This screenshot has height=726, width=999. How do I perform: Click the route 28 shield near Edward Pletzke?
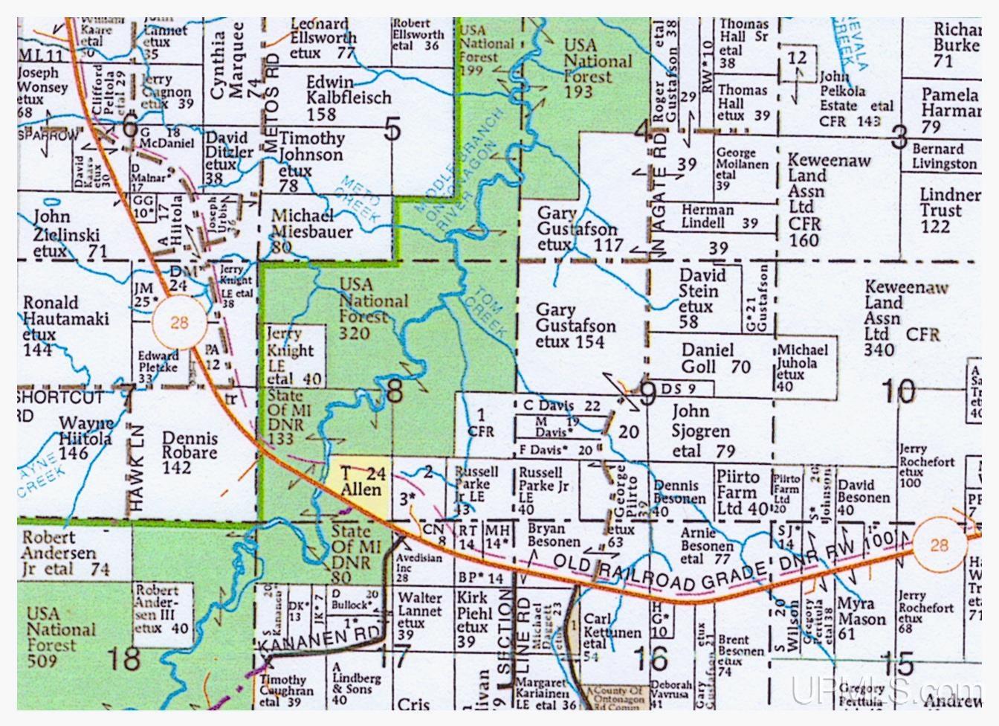[x=179, y=322]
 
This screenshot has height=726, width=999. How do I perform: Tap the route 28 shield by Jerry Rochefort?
[x=939, y=545]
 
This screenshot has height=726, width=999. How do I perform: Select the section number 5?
[x=392, y=130]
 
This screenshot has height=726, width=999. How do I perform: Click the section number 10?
[x=898, y=391]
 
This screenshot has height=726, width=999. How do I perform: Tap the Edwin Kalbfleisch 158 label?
[x=348, y=97]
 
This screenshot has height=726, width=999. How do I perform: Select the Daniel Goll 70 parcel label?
[x=716, y=358]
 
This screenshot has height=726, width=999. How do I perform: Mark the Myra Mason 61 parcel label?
[x=862, y=618]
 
